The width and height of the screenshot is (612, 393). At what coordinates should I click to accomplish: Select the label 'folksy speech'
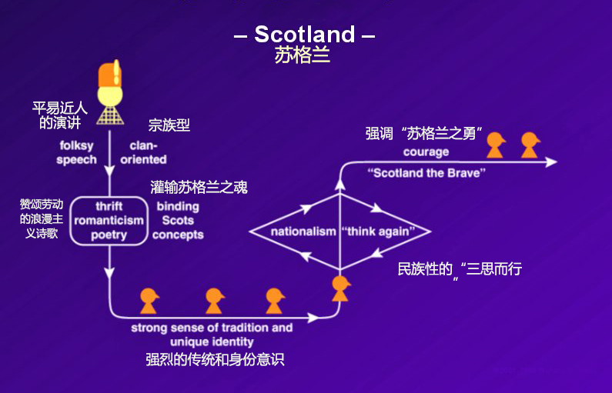coord(77,152)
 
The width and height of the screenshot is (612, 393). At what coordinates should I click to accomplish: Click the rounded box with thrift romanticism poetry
coord(109,221)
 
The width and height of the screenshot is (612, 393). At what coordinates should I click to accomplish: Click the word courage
coord(426,152)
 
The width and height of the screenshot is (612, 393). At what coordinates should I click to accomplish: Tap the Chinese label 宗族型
coord(169,125)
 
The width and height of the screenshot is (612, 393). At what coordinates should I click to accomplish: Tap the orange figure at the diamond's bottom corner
coord(340,287)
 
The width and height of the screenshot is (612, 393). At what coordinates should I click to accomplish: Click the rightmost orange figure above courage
coord(529,144)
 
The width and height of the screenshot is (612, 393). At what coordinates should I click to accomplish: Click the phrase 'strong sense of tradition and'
coord(212,328)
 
